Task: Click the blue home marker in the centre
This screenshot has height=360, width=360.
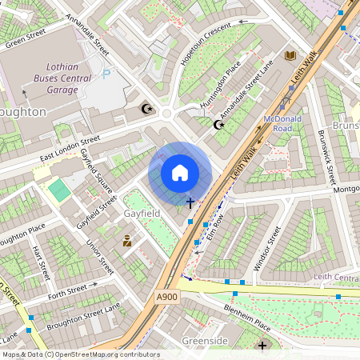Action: tap(180, 173)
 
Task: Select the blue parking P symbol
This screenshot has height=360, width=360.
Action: tap(107, 77)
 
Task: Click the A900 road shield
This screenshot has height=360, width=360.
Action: tap(166, 297)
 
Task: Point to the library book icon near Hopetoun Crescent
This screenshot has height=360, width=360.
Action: tap(290, 55)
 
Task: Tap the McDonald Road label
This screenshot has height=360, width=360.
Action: tap(282, 122)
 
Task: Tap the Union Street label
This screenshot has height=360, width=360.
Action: tap(100, 256)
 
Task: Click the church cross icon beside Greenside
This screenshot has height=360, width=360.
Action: tap(262, 346)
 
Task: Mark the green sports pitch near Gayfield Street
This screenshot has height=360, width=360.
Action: tap(58, 190)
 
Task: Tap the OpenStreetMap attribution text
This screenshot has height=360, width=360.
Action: tap(80, 354)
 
